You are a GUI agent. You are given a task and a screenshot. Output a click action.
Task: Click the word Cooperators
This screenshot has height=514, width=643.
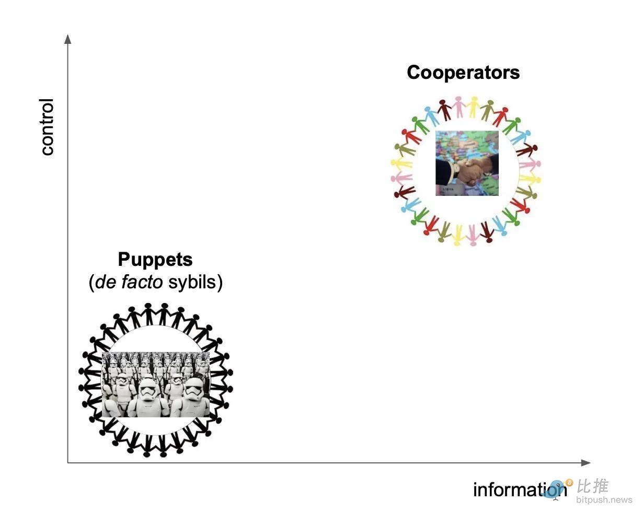[x=463, y=73]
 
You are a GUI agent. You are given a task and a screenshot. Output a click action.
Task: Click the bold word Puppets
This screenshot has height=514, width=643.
[x=155, y=259]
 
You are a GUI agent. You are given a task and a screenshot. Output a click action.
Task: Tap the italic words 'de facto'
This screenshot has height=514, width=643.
[x=129, y=282]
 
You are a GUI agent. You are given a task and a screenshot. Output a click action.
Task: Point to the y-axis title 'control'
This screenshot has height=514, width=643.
[x=47, y=127]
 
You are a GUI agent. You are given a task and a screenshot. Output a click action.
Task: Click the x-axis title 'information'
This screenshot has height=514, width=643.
[x=520, y=490]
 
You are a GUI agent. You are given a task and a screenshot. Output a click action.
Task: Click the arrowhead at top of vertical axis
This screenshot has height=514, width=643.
[x=68, y=39]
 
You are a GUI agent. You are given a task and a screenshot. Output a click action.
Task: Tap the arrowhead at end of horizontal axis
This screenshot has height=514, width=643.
[x=585, y=463]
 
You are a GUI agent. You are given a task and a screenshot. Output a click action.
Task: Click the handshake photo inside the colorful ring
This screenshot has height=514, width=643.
[x=467, y=163]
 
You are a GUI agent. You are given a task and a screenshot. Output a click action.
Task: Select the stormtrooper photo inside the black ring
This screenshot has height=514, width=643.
[x=156, y=384]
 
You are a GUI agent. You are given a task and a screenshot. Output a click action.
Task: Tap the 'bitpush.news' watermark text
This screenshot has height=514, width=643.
[x=604, y=500]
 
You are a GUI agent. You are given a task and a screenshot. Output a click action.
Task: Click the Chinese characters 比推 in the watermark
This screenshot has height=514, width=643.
[x=592, y=486]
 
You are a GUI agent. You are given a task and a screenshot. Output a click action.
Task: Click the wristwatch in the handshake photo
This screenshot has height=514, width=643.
[x=456, y=169]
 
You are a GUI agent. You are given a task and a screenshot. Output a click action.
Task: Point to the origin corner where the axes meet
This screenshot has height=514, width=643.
[x=68, y=463]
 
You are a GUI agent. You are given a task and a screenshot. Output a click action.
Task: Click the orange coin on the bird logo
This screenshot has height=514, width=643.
[x=569, y=483]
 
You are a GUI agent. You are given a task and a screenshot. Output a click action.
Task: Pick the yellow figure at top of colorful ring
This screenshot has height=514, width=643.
[x=474, y=107]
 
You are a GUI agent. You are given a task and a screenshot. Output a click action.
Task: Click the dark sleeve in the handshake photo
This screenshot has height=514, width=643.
[x=444, y=173]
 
